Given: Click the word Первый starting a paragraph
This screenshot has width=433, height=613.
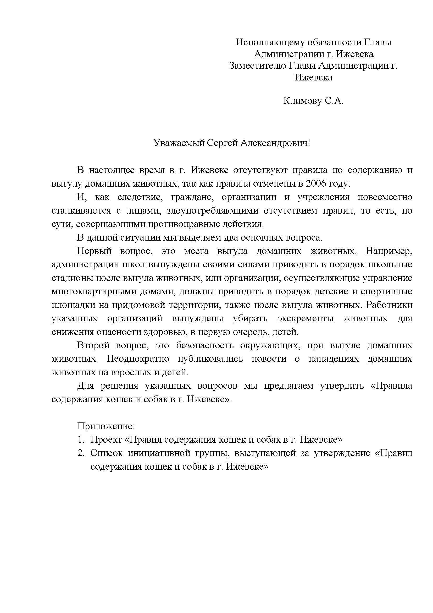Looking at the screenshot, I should [95, 251].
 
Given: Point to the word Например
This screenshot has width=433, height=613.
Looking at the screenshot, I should [389, 251].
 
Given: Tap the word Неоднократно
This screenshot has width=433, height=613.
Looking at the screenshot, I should [138, 359].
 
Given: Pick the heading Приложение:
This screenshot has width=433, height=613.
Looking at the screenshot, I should [106, 426].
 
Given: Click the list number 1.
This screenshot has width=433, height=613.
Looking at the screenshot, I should [80, 440].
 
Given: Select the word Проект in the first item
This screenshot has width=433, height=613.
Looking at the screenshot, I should [106, 440].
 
